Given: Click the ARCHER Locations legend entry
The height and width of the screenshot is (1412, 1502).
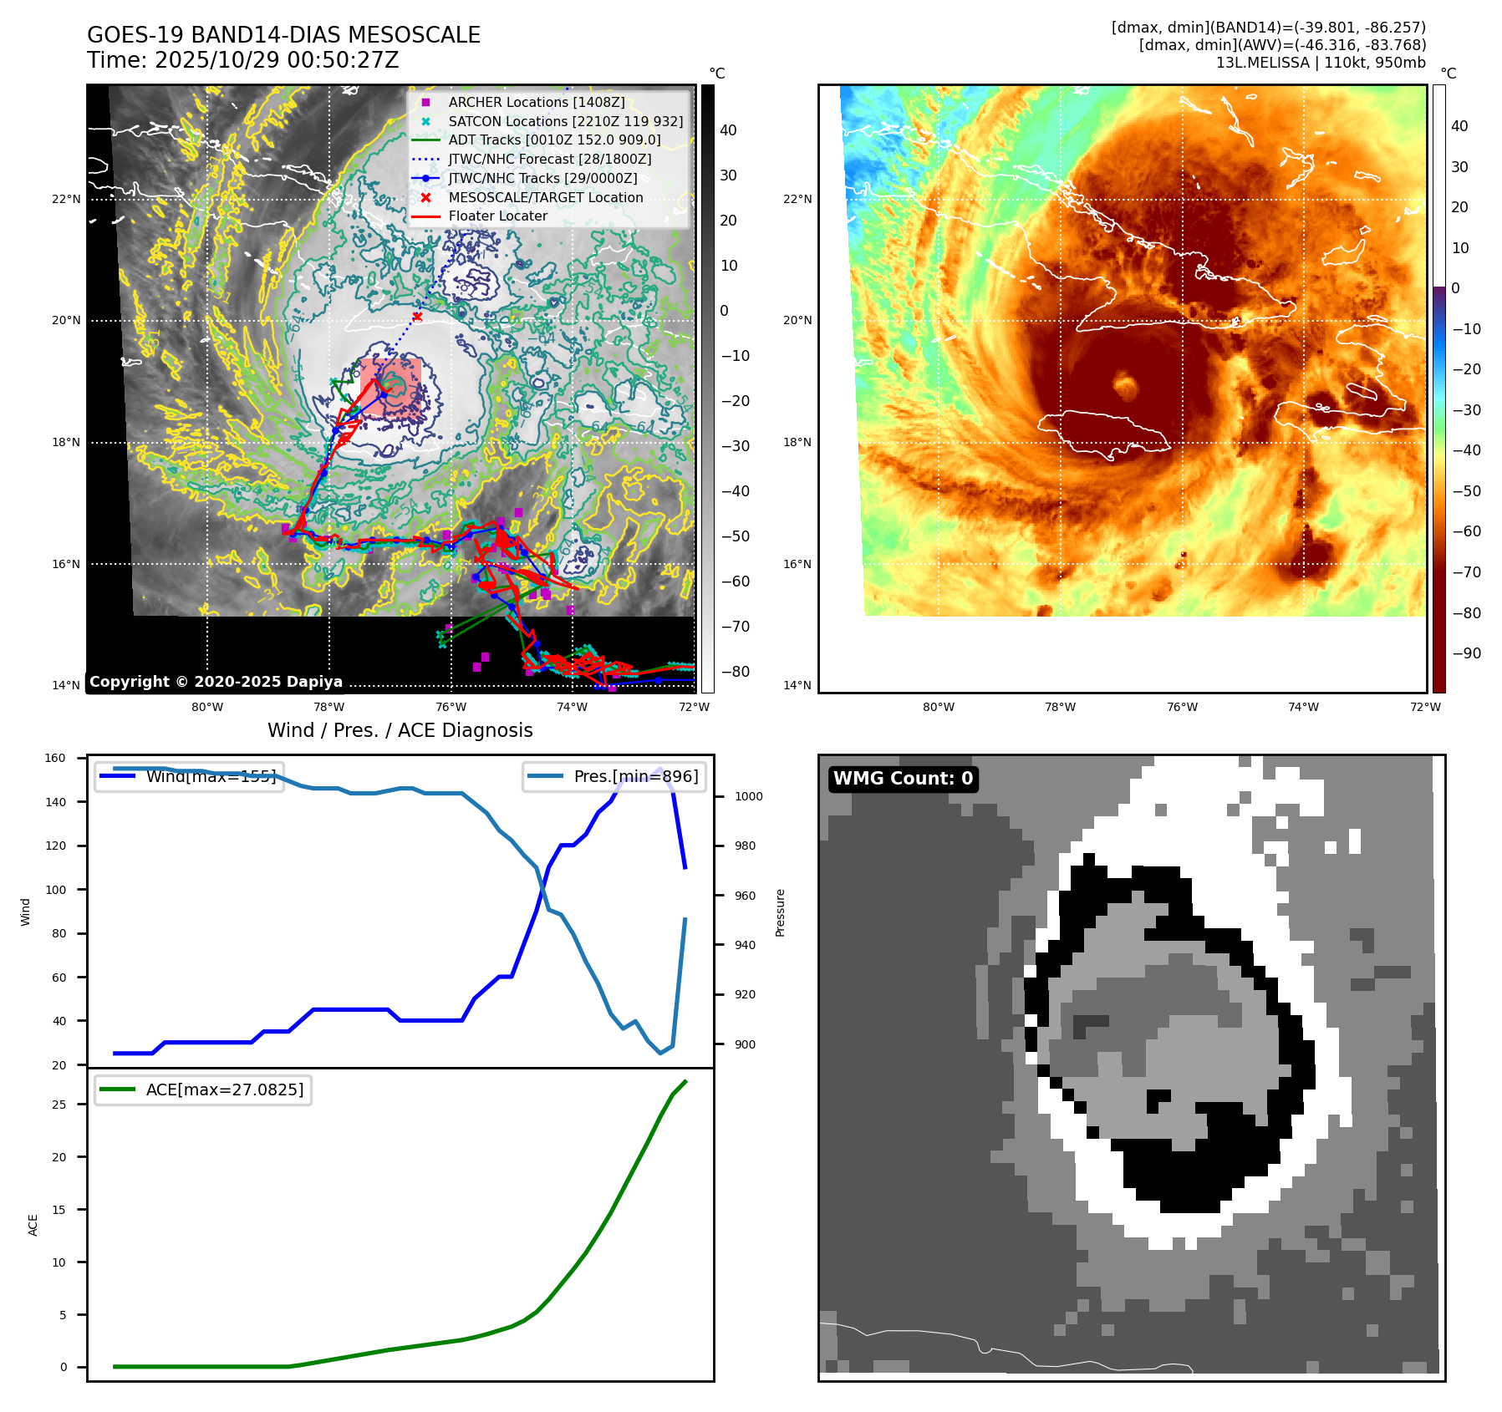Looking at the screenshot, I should pos(536,102).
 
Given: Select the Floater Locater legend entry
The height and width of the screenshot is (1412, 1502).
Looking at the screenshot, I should pos(497,216).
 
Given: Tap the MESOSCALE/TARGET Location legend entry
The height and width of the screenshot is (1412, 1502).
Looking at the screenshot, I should pos(545,197).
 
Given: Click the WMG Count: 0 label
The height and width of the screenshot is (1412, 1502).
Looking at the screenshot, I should pos(903,779).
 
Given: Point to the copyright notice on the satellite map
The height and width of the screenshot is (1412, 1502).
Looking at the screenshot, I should pos(216,682).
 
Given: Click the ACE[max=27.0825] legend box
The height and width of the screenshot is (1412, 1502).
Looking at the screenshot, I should pos(203,1089).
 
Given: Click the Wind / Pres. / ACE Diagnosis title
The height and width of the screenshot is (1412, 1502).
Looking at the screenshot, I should pos(400,730).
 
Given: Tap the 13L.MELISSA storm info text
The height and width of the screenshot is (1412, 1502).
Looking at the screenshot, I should pos(1320,63).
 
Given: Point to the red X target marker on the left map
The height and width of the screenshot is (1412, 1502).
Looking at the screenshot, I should pos(417,317).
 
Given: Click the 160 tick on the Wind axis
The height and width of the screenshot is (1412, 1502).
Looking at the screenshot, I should pos(55,759).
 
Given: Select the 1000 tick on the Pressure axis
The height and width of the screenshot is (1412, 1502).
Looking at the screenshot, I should pos(748,796).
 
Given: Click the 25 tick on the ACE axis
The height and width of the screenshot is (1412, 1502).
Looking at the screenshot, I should pos(59,1105).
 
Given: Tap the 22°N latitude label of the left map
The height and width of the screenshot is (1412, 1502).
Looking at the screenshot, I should pos(66,199).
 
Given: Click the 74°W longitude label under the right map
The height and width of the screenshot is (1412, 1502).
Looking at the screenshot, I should pos(1303,707).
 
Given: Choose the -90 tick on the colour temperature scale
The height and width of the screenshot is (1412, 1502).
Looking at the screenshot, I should pos(1466,653).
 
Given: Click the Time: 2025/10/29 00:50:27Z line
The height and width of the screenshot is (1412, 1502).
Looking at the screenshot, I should pos(242,60).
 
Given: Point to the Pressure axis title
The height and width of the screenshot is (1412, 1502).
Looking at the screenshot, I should pos(780,912).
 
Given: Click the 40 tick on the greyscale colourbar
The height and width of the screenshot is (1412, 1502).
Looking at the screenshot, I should pos(728,130).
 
